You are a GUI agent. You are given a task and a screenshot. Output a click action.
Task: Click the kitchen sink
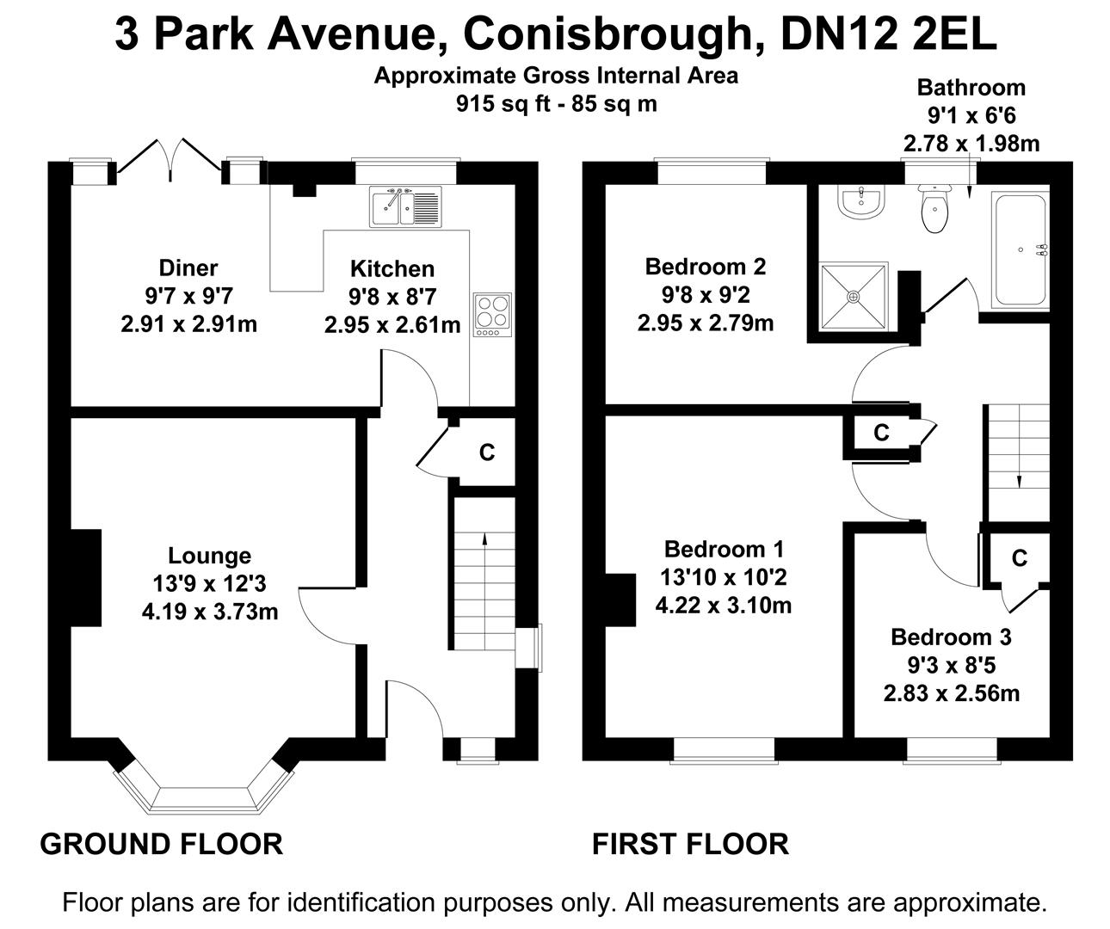click(406, 206)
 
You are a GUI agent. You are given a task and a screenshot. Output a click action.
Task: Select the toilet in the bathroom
click(933, 209)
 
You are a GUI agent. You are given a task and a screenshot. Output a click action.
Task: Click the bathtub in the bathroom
click(1021, 250)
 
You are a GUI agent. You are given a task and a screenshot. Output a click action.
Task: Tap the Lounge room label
click(209, 557)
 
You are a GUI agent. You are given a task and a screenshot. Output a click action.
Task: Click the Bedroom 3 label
click(951, 637)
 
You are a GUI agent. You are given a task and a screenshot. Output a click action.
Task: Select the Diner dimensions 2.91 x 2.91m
click(188, 324)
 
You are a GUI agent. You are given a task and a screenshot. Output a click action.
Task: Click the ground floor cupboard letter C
click(487, 452)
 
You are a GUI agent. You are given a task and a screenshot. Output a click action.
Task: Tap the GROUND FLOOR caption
click(162, 844)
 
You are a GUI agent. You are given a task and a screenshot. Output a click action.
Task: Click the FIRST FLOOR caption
click(690, 844)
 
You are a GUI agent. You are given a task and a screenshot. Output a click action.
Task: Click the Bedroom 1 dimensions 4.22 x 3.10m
click(723, 606)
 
